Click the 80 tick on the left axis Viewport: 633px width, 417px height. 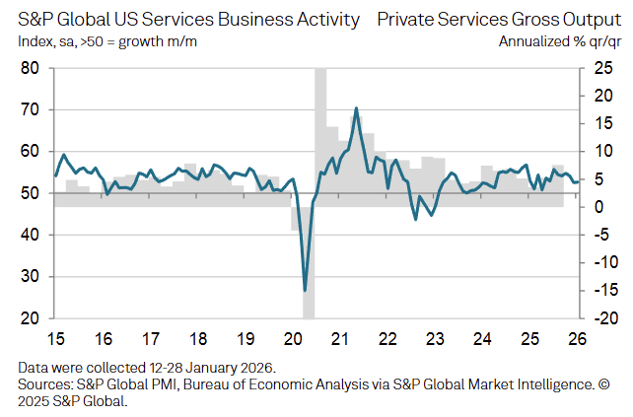coord(30,68)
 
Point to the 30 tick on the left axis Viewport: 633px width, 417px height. coord(30,277)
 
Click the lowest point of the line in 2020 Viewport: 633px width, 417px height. coord(305,290)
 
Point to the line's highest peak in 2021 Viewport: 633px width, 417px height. coord(355,107)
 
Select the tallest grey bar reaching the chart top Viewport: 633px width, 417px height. coord(320,128)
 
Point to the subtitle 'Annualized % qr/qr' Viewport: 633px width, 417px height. coord(560,41)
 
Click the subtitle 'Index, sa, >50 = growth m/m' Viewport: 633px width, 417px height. coord(108,41)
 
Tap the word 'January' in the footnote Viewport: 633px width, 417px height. coord(203,368)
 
